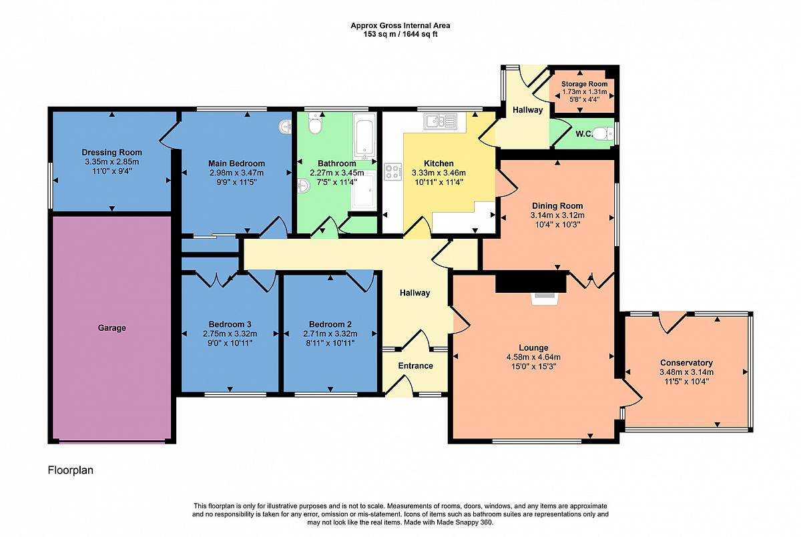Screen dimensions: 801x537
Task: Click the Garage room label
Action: point(111,328)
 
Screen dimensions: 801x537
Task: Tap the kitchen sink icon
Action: point(441,121)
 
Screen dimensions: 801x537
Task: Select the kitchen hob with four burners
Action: point(392,172)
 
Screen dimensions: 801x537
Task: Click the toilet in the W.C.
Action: point(603,134)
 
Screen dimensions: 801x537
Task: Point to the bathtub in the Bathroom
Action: point(364,136)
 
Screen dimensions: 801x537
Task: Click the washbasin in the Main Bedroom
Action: point(285,127)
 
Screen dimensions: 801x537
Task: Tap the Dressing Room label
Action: point(112,152)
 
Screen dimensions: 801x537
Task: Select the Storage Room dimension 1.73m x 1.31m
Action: point(584,92)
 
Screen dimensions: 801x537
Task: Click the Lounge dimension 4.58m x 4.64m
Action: point(533,357)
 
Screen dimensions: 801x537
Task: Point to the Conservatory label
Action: point(686,363)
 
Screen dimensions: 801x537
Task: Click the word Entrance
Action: point(415,366)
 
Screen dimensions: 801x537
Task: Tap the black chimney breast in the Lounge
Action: point(531,282)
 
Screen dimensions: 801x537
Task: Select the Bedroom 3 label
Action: point(230,324)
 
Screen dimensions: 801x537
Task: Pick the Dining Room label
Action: point(557,206)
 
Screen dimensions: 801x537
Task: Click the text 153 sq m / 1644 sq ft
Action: point(400,34)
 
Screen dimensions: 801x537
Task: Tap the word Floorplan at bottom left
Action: point(71,470)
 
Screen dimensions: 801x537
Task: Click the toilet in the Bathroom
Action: point(315,123)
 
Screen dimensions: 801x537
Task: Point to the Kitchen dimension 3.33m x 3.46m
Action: point(439,173)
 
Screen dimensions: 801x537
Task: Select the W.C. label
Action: point(584,134)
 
